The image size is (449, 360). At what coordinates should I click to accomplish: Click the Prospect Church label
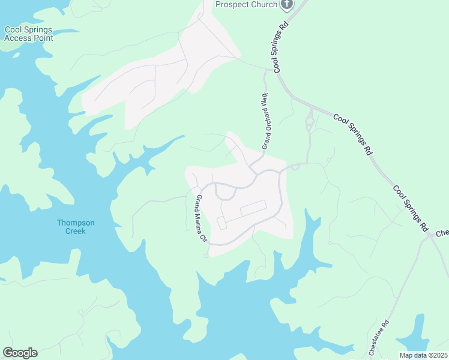coord(247,5)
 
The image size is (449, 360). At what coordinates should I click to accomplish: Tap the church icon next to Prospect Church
coord(287,4)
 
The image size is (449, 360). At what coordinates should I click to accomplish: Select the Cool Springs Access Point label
coord(29,34)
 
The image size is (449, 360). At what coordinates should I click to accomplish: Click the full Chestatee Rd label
coord(378,338)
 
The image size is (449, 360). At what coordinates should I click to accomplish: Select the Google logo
coord(20,353)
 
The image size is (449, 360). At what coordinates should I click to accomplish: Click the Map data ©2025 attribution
coord(423,355)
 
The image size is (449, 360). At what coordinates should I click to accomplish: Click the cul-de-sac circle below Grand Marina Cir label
coord(206,256)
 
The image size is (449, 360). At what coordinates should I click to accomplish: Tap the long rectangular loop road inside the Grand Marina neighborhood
coord(253,208)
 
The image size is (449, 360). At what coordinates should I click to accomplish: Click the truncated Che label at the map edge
coord(442,233)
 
